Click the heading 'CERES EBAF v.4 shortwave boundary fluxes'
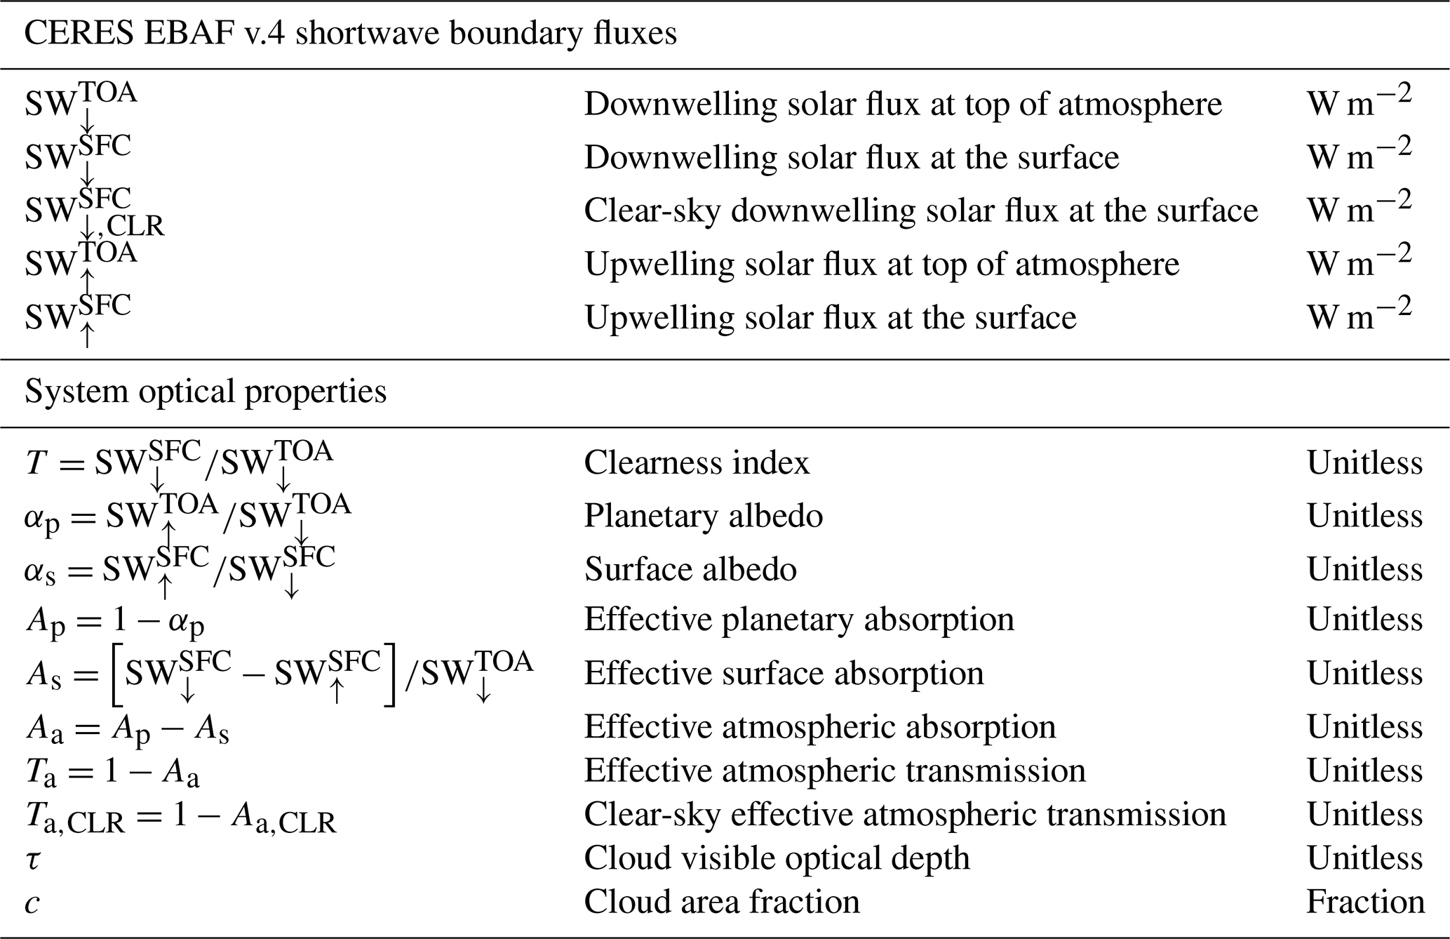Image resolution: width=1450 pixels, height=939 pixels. [x=351, y=34]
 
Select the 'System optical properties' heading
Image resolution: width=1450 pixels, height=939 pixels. [x=206, y=392]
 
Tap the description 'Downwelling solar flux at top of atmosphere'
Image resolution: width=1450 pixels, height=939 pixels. [x=903, y=105]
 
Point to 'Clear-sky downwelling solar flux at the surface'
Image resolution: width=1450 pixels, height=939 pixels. [x=921, y=211]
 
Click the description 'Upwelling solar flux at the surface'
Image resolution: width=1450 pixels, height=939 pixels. [x=830, y=318]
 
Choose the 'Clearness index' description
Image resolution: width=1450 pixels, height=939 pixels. [x=697, y=463]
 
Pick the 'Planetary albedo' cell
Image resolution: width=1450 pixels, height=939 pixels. [x=704, y=517]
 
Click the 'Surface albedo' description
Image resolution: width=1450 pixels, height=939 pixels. [x=690, y=569]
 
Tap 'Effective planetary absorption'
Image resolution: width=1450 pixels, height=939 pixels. [x=799, y=620]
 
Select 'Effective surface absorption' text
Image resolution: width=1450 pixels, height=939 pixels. [x=784, y=674]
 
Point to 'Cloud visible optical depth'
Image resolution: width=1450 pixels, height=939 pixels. [x=777, y=858]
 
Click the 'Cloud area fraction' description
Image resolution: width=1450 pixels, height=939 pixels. [x=722, y=902]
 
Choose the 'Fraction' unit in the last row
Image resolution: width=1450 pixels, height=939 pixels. [x=1364, y=902]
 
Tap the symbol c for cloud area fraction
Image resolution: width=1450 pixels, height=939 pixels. [x=32, y=903]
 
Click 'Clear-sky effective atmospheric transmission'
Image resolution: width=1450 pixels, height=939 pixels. [x=905, y=815]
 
